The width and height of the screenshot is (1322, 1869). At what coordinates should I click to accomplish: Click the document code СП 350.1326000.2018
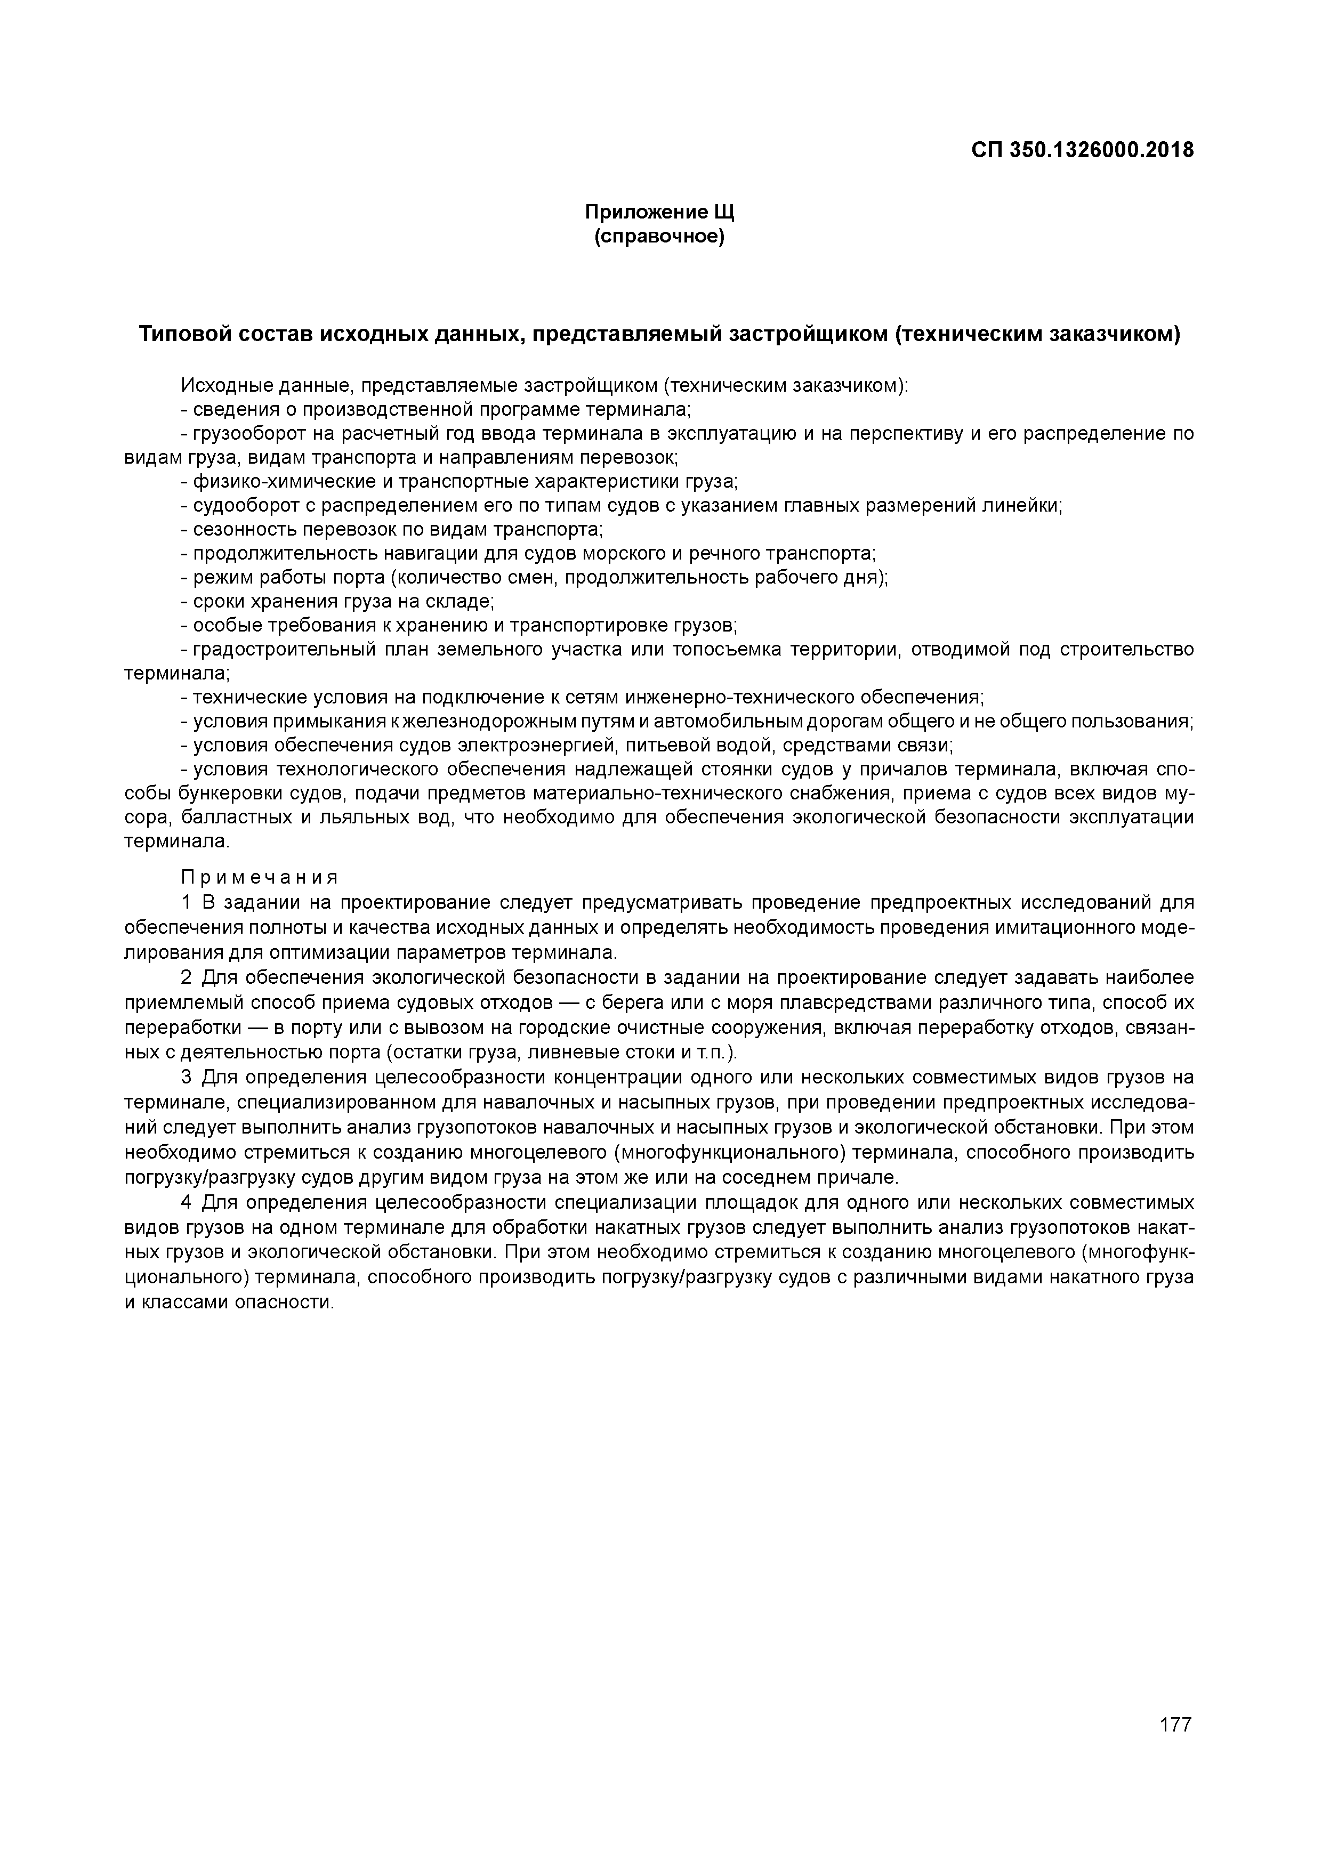pyautogui.click(x=1082, y=151)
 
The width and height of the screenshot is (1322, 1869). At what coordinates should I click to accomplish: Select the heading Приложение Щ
pyautogui.click(x=659, y=213)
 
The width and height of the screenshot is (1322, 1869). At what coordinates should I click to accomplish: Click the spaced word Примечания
pyautogui.click(x=259, y=877)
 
